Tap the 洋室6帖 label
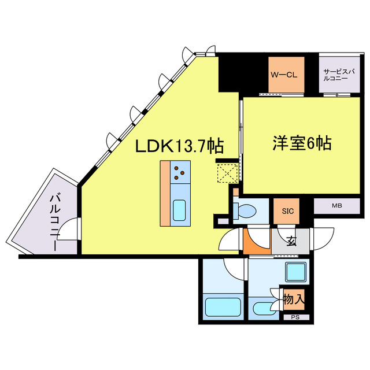click(x=302, y=144)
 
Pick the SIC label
click(x=287, y=211)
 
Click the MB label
click(x=336, y=205)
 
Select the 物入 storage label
click(x=293, y=299)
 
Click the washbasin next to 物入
click(x=263, y=306)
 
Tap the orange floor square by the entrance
click(x=254, y=242)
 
